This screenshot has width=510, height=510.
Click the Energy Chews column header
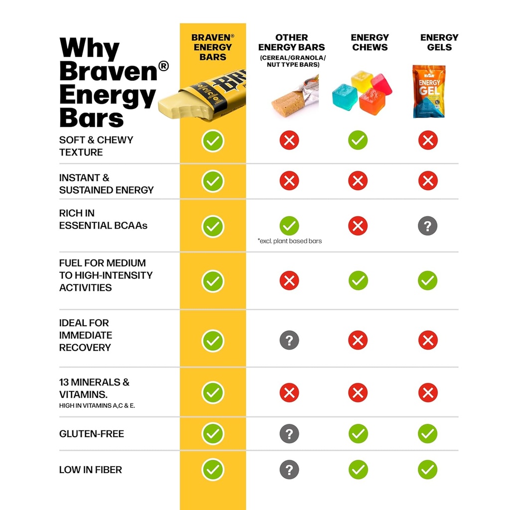click(370, 42)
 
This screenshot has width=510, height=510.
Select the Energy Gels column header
click(439, 42)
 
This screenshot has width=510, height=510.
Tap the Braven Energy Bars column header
click(213, 47)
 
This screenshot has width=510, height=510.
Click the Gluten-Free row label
click(92, 434)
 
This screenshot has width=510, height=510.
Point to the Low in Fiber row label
click(91, 470)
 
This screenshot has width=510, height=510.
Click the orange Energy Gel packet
click(428, 92)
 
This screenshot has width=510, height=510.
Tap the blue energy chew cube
click(345, 96)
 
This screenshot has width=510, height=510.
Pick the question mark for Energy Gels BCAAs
click(427, 226)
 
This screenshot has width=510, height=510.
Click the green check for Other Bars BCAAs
click(289, 226)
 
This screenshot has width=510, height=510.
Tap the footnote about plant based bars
click(290, 241)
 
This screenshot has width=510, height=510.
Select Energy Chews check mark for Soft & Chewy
click(358, 140)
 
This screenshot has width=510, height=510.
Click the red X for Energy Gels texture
click(428, 140)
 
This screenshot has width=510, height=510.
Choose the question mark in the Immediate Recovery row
click(289, 341)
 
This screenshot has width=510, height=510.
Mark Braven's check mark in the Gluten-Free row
click(213, 434)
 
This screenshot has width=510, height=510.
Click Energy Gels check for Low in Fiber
click(427, 470)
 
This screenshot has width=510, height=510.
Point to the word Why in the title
click(90, 49)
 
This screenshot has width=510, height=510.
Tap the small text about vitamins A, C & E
click(97, 406)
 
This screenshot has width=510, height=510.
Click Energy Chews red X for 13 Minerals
click(358, 392)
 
